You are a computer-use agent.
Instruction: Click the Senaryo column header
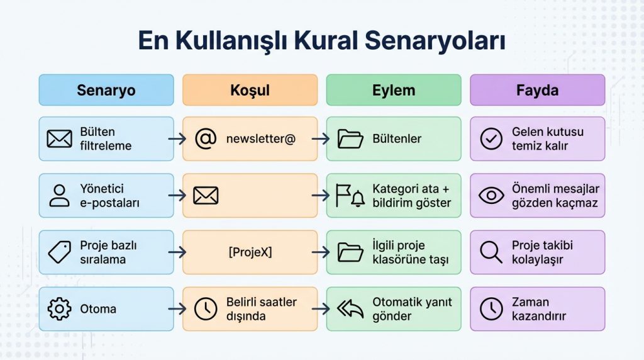point(106,90)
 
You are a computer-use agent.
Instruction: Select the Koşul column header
point(250,90)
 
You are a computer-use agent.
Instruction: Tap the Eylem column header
point(394,90)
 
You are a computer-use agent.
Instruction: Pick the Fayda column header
point(537,90)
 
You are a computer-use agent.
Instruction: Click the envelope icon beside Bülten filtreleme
point(59,138)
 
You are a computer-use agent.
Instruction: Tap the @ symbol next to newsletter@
point(205,138)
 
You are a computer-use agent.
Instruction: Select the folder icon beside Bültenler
point(350,138)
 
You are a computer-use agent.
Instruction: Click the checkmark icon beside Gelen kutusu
point(491,138)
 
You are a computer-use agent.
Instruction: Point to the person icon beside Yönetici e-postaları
point(59,196)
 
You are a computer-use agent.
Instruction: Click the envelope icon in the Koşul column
point(205,196)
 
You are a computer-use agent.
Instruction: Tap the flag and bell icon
point(350,196)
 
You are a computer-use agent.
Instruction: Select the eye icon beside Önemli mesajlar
point(491,196)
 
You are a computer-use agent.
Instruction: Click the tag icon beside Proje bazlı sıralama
point(59,252)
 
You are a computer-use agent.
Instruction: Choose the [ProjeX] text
point(250,252)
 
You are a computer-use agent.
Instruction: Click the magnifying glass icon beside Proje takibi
point(491,252)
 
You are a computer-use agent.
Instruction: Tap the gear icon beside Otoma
point(59,309)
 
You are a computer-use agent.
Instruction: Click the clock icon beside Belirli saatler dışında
point(205,309)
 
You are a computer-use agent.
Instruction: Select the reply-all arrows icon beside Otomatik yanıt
point(350,309)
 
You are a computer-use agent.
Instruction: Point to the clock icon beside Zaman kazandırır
point(491,309)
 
